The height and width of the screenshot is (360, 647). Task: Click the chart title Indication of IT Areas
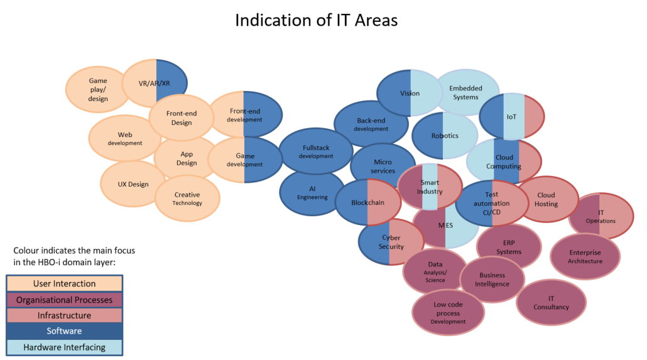pyautogui.click(x=316, y=20)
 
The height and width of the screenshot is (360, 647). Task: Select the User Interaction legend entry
pyautogui.click(x=65, y=284)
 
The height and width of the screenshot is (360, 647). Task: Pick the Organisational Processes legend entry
pyautogui.click(x=65, y=300)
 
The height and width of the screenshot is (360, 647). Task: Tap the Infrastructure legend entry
pyautogui.click(x=65, y=315)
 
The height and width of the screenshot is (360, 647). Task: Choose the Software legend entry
pyautogui.click(x=65, y=330)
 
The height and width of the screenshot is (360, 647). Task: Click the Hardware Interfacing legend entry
pyautogui.click(x=65, y=346)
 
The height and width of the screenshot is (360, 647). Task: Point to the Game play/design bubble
pyautogui.click(x=97, y=89)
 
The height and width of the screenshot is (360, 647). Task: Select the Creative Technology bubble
pyautogui.click(x=187, y=199)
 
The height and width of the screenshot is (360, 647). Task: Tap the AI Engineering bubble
pyautogui.click(x=312, y=193)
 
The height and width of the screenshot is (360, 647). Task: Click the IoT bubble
pyautogui.click(x=511, y=117)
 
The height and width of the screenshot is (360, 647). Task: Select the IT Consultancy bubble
pyautogui.click(x=551, y=303)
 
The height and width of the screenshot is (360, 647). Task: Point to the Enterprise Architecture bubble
pyautogui.click(x=585, y=256)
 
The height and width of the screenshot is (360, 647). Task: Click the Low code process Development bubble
pyautogui.click(x=449, y=313)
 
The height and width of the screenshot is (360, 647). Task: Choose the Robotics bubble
pyautogui.click(x=445, y=136)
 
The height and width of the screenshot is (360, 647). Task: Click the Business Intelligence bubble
pyautogui.click(x=492, y=280)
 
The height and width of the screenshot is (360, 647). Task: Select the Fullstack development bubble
pyautogui.click(x=316, y=151)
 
